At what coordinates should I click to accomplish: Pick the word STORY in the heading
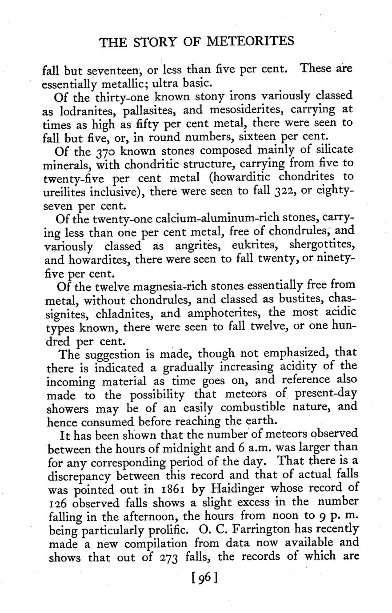pyautogui.click(x=152, y=42)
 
